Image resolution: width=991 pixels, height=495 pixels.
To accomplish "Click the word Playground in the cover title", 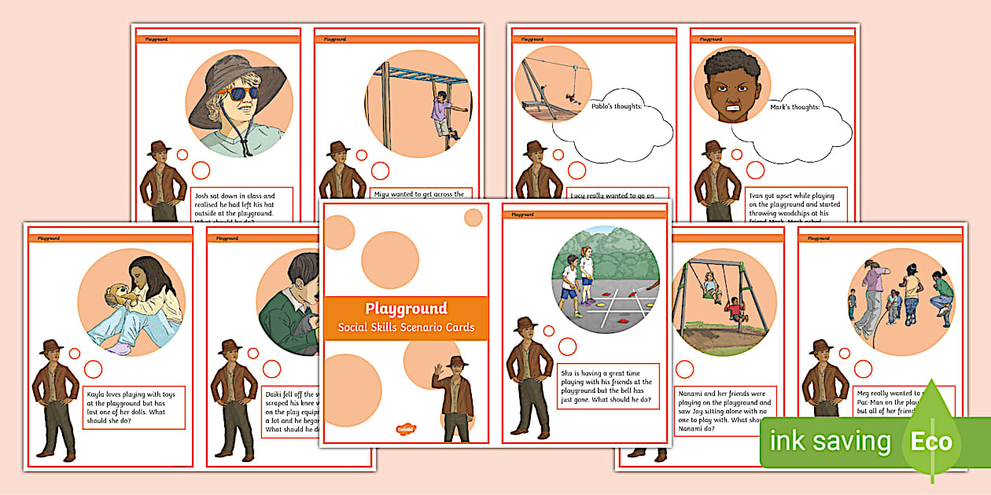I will (406, 308).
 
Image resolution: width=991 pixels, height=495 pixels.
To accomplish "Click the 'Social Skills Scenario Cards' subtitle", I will (406, 327).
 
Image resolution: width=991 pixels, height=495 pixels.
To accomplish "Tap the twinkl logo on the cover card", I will (406, 429).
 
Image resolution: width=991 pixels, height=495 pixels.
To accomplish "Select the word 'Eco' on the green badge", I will (931, 441).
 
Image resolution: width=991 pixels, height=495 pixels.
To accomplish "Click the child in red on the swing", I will (735, 308).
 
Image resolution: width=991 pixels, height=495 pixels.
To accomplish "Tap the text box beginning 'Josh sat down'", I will (242, 206).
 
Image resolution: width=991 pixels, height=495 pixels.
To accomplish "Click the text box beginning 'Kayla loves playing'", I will (134, 407).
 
